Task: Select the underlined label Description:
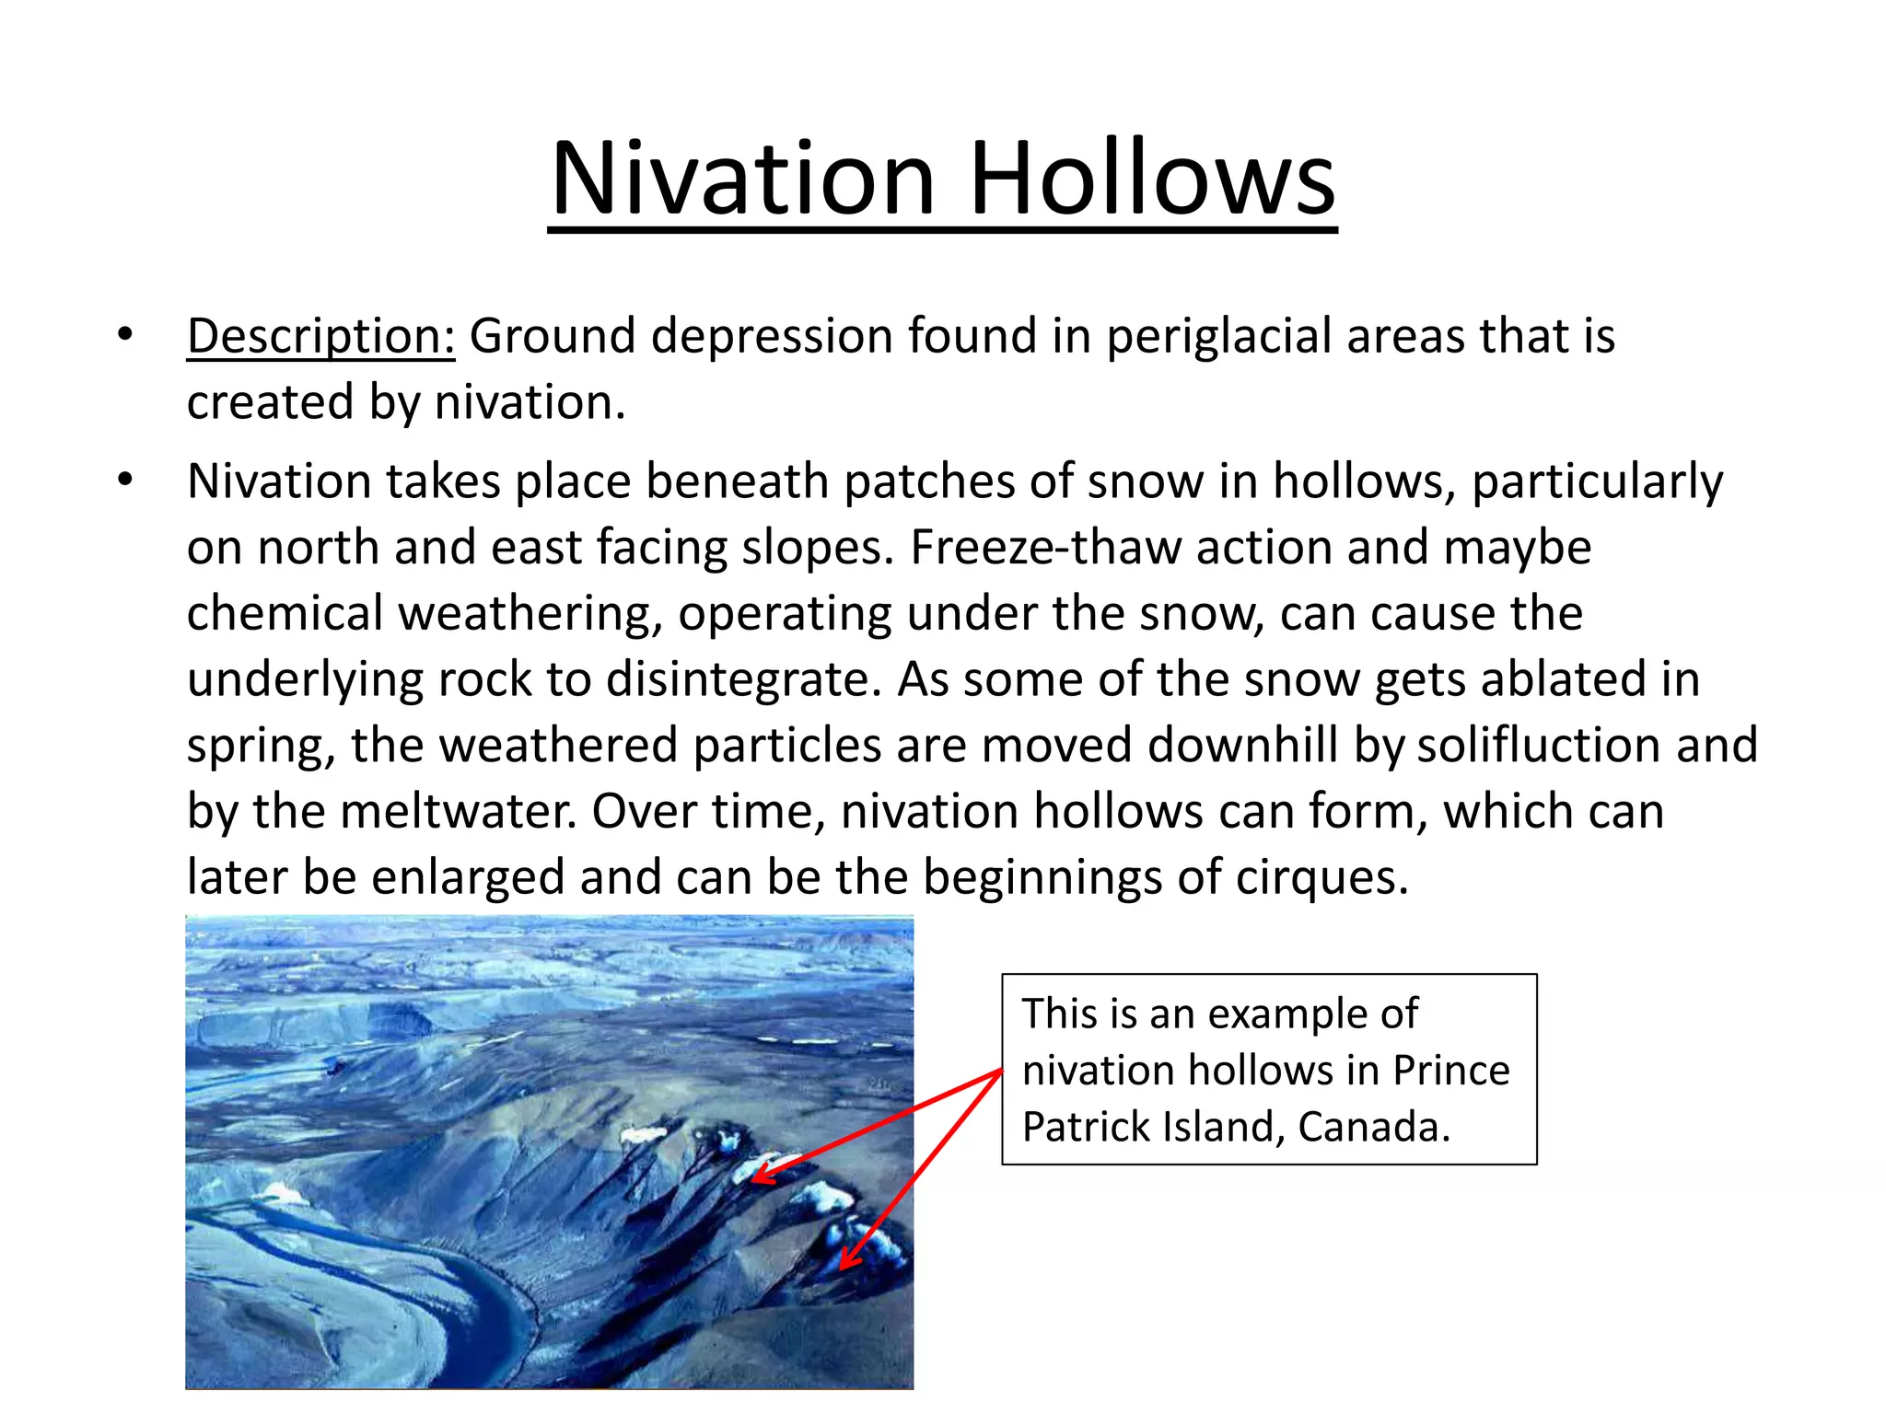pos(320,336)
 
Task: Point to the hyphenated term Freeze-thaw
pos(1045,548)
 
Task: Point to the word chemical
pos(285,614)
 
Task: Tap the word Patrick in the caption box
pos(1086,1128)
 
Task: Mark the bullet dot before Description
pos(125,334)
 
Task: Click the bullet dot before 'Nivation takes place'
pos(125,480)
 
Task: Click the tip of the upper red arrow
pos(754,1180)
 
